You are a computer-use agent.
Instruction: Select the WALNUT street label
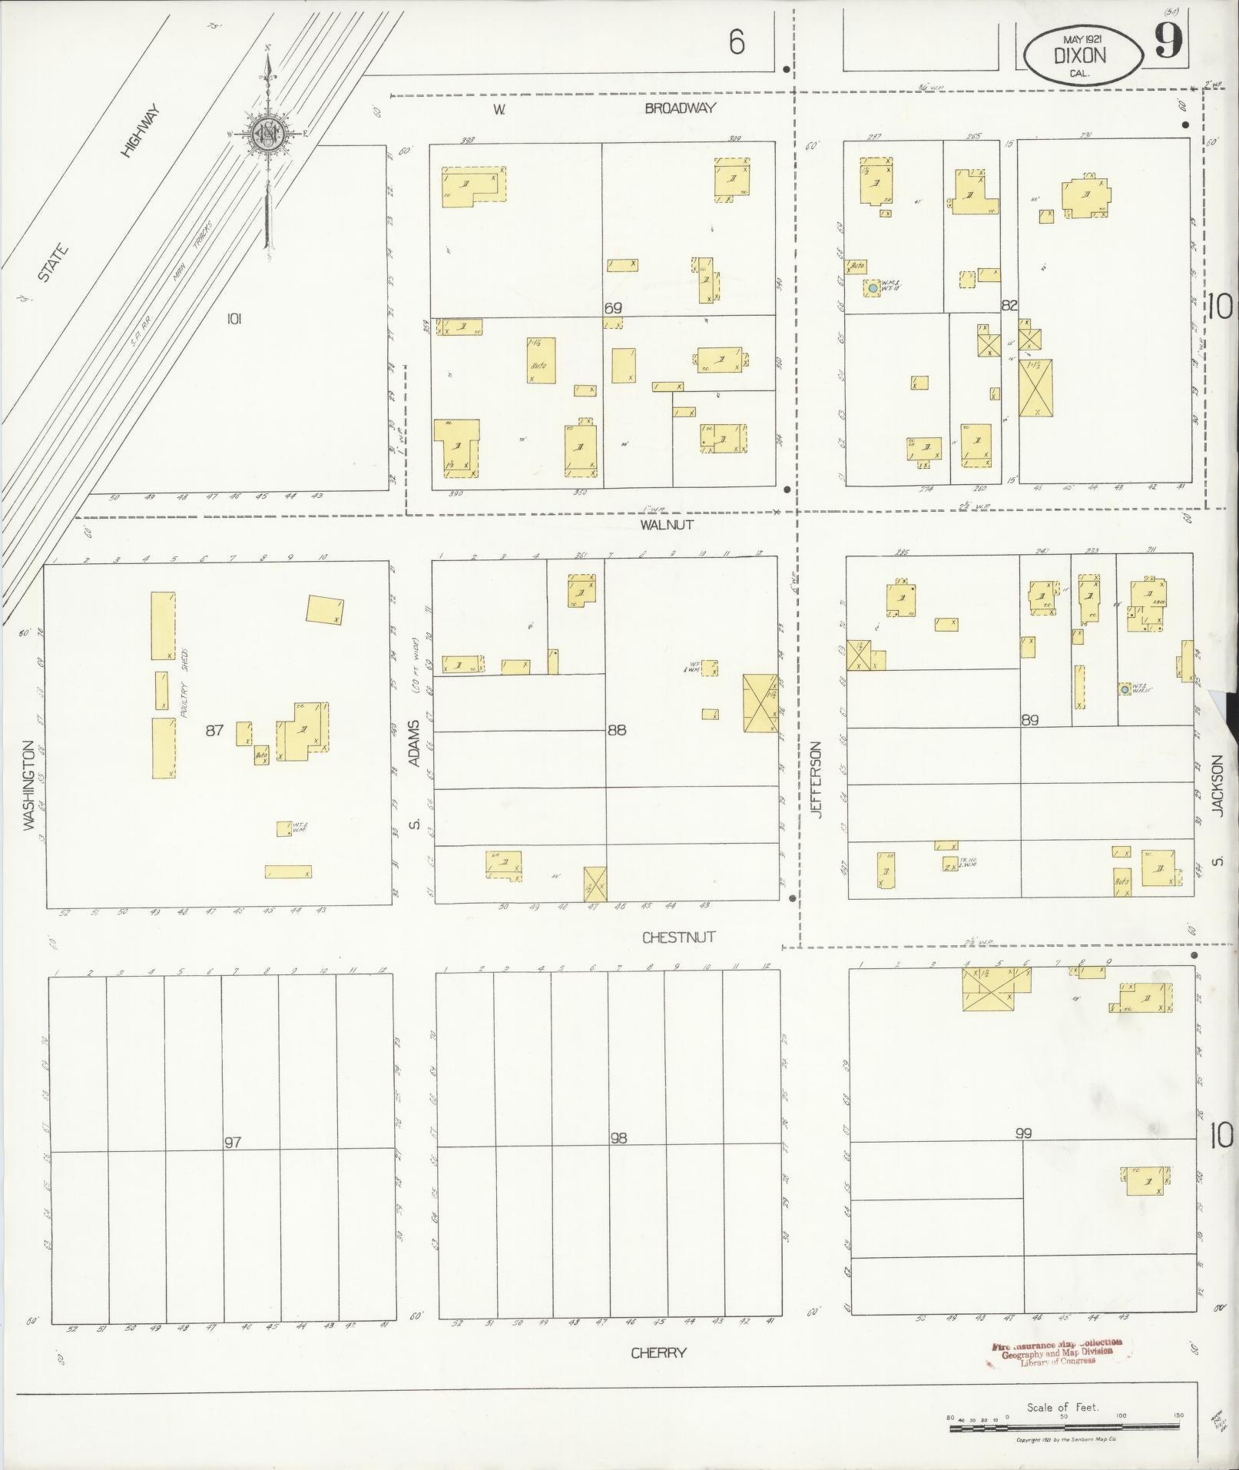(667, 525)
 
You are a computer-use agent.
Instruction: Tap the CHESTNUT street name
(678, 937)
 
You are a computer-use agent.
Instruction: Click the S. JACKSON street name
(1216, 807)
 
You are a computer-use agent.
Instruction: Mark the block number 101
(234, 318)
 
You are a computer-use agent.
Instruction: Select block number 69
(612, 308)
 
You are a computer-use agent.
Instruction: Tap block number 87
(214, 730)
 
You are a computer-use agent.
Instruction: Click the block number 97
(233, 1142)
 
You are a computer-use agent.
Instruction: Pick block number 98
(618, 1138)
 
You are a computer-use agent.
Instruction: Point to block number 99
(1022, 1133)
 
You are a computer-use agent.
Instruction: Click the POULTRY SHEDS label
(184, 684)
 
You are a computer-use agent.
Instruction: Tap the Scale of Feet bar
(1064, 1427)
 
